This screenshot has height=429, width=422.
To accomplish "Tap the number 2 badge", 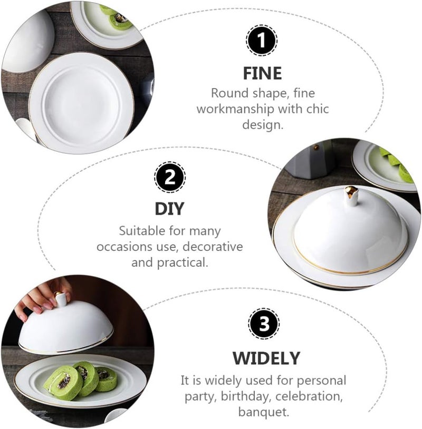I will click(170, 177).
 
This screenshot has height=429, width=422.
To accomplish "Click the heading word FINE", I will click(263, 73).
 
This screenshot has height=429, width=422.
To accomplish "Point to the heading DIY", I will click(169, 209).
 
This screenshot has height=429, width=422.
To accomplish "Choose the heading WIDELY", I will click(266, 358).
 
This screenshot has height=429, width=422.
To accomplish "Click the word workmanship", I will click(241, 109).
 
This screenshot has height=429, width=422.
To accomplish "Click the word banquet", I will click(263, 412).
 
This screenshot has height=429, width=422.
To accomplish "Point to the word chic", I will click(316, 109).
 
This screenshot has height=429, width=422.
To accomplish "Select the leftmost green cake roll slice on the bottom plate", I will click(62, 381).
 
